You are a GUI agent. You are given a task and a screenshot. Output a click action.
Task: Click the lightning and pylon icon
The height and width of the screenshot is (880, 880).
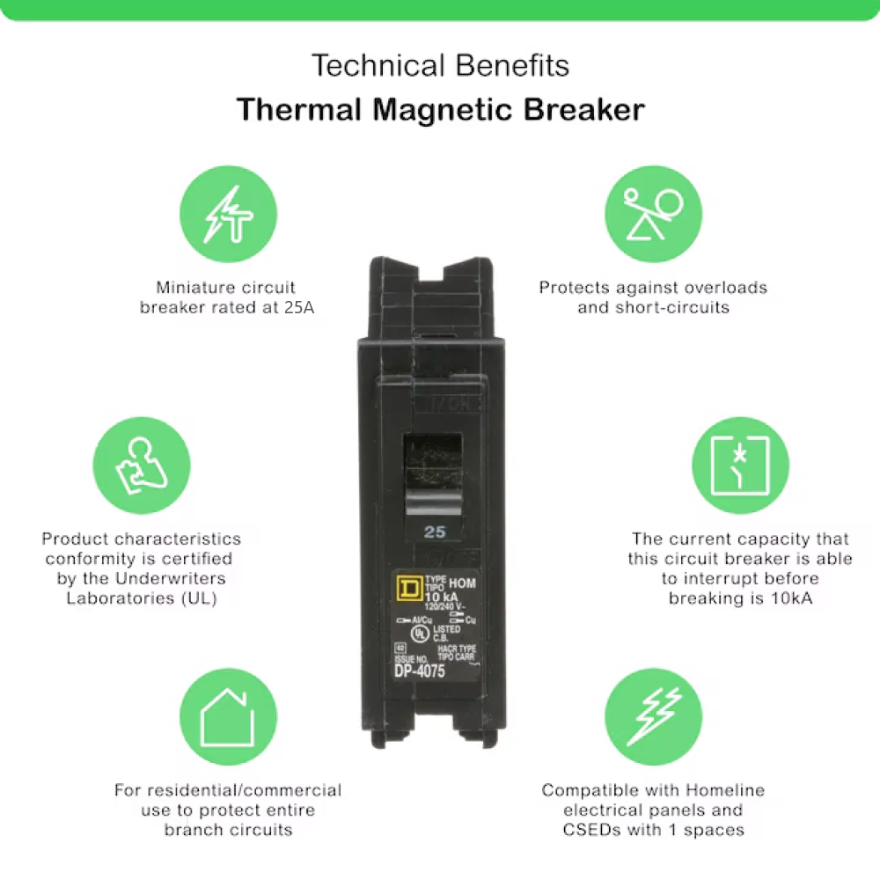pyautogui.click(x=228, y=214)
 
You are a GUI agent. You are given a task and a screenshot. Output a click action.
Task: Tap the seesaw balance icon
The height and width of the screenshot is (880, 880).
pyautogui.click(x=653, y=214)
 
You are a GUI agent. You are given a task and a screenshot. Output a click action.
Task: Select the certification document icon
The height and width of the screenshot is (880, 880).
pyautogui.click(x=141, y=464)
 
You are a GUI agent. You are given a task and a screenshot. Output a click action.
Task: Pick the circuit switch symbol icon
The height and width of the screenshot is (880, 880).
pyautogui.click(x=740, y=464)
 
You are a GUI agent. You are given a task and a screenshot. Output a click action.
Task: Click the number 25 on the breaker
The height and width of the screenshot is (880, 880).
pyautogui.click(x=435, y=532)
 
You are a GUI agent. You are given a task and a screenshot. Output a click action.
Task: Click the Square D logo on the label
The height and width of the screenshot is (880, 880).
pyautogui.click(x=408, y=587)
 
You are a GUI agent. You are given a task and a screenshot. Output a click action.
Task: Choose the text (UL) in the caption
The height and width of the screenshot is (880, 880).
pyautogui.click(x=198, y=598)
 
